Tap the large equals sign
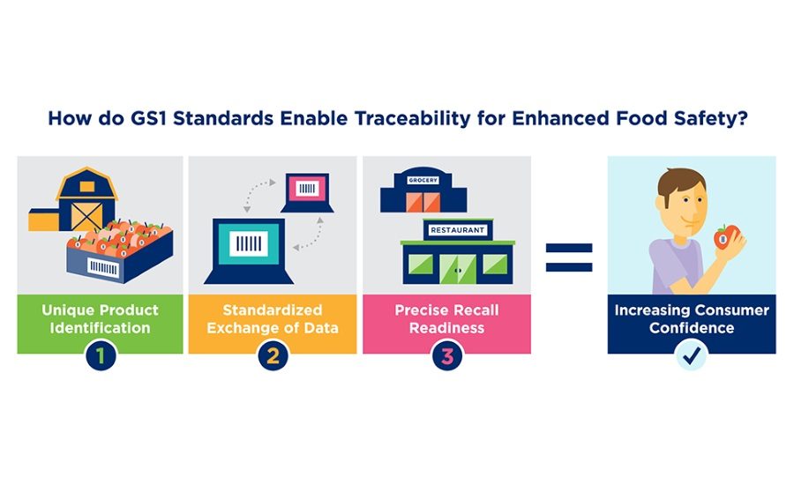tap(569, 257)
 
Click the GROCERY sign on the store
tap(423, 180)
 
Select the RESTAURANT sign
tap(457, 230)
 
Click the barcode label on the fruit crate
tap(103, 267)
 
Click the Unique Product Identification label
tap(100, 318)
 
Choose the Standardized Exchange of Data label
tap(273, 318)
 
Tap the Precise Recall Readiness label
tap(446, 318)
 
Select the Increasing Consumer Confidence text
tap(692, 318)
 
